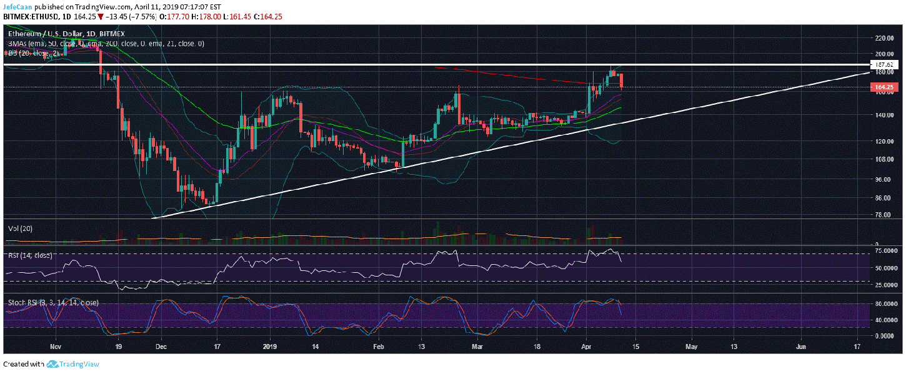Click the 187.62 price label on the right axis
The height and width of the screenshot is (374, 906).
coord(886,64)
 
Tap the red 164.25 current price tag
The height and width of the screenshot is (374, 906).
coord(886,87)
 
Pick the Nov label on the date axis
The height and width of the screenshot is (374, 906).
coord(56,345)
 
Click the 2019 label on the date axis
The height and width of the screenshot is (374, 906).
coord(269,345)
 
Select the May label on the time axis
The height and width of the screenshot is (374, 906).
coord(691,345)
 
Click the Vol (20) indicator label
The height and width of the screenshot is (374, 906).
coord(20,229)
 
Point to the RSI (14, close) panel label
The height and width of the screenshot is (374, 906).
coord(29,255)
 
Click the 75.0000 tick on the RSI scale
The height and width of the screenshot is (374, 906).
coord(887,251)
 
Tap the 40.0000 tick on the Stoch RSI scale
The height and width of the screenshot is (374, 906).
coord(887,320)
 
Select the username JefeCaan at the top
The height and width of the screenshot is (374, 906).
coord(17,6)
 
